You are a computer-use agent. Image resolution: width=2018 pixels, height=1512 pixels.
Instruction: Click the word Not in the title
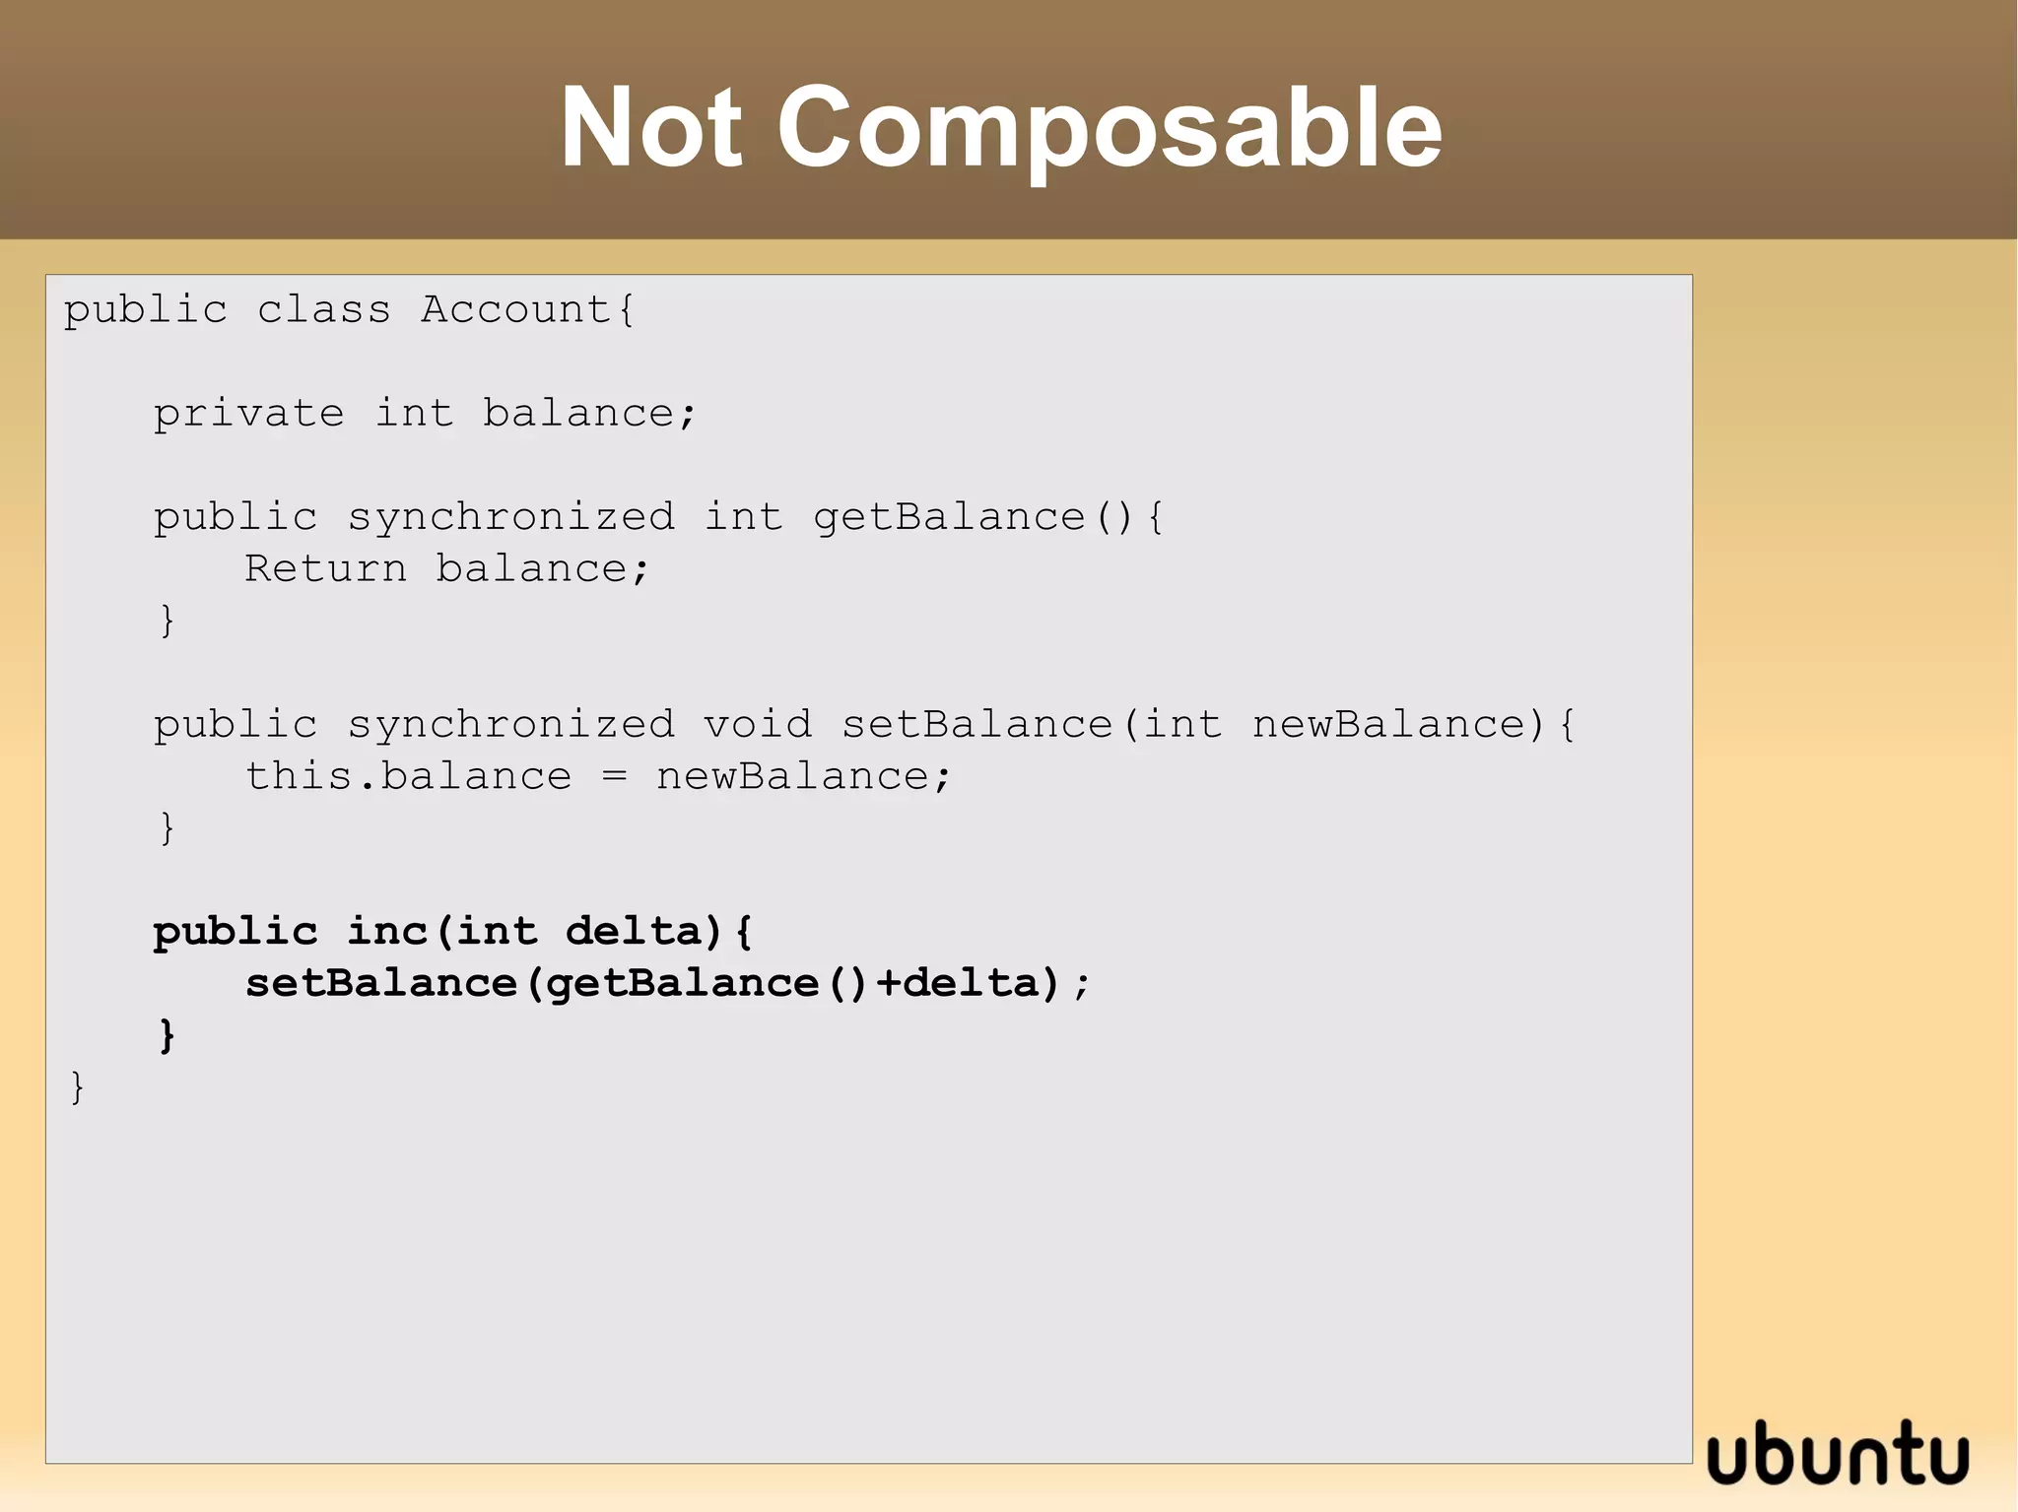(651, 128)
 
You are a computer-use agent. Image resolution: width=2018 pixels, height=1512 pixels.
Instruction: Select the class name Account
(515, 310)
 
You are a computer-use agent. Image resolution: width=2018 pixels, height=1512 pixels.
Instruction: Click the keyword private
(248, 414)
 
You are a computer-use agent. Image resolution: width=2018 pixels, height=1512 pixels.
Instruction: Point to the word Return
(325, 569)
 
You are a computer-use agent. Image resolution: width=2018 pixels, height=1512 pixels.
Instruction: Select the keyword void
(757, 725)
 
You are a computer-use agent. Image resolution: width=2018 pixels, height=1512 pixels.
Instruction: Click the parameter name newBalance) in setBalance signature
(1398, 725)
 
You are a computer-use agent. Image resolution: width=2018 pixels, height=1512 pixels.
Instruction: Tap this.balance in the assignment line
(408, 777)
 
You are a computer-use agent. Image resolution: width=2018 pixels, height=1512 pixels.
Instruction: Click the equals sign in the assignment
(614, 777)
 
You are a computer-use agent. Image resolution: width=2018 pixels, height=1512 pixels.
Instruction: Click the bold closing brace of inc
(167, 1035)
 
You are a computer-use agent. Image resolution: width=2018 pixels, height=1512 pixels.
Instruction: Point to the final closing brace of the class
(77, 1087)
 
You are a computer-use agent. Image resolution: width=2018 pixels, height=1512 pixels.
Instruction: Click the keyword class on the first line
(323, 310)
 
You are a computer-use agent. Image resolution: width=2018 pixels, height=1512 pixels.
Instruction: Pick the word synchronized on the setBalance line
(510, 725)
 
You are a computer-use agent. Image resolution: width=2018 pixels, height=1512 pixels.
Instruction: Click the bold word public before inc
(235, 932)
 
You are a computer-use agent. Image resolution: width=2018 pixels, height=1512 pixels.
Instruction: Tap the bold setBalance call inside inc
(380, 983)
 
